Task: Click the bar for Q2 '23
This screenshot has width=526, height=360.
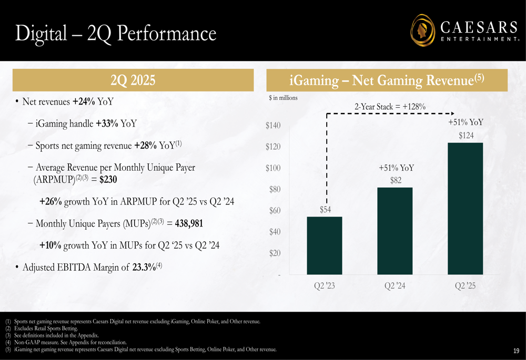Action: click(325, 245)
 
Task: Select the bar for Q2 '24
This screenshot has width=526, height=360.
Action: click(395, 231)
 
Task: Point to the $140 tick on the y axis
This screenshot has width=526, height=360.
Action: click(272, 126)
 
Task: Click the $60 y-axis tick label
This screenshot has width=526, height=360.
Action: click(274, 211)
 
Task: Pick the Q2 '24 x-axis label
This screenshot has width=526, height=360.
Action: click(395, 286)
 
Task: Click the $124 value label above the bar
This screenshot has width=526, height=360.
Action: click(466, 136)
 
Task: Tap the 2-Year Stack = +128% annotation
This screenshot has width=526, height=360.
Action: click(390, 107)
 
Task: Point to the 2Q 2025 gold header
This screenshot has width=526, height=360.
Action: click(133, 80)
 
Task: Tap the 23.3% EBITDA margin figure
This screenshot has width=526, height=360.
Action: click(143, 267)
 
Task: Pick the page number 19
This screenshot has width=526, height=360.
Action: click(515, 351)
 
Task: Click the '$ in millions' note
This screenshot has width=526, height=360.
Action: click(283, 98)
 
